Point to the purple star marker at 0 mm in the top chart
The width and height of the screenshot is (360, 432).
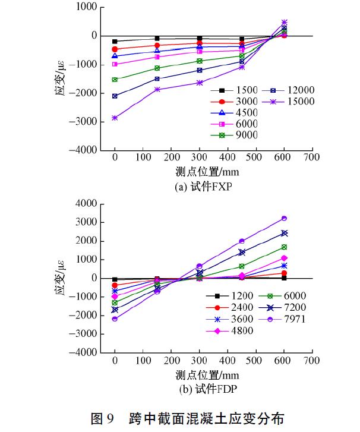tap(115, 118)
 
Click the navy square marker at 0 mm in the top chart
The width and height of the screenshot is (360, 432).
tap(115, 96)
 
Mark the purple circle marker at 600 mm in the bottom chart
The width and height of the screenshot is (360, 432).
tap(284, 218)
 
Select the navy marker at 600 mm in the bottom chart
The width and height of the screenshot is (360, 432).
tap(284, 233)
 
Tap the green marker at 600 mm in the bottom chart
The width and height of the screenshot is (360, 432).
tap(284, 247)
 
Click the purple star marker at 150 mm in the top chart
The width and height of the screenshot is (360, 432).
tap(157, 90)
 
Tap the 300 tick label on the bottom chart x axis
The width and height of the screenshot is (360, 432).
tap(200, 361)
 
